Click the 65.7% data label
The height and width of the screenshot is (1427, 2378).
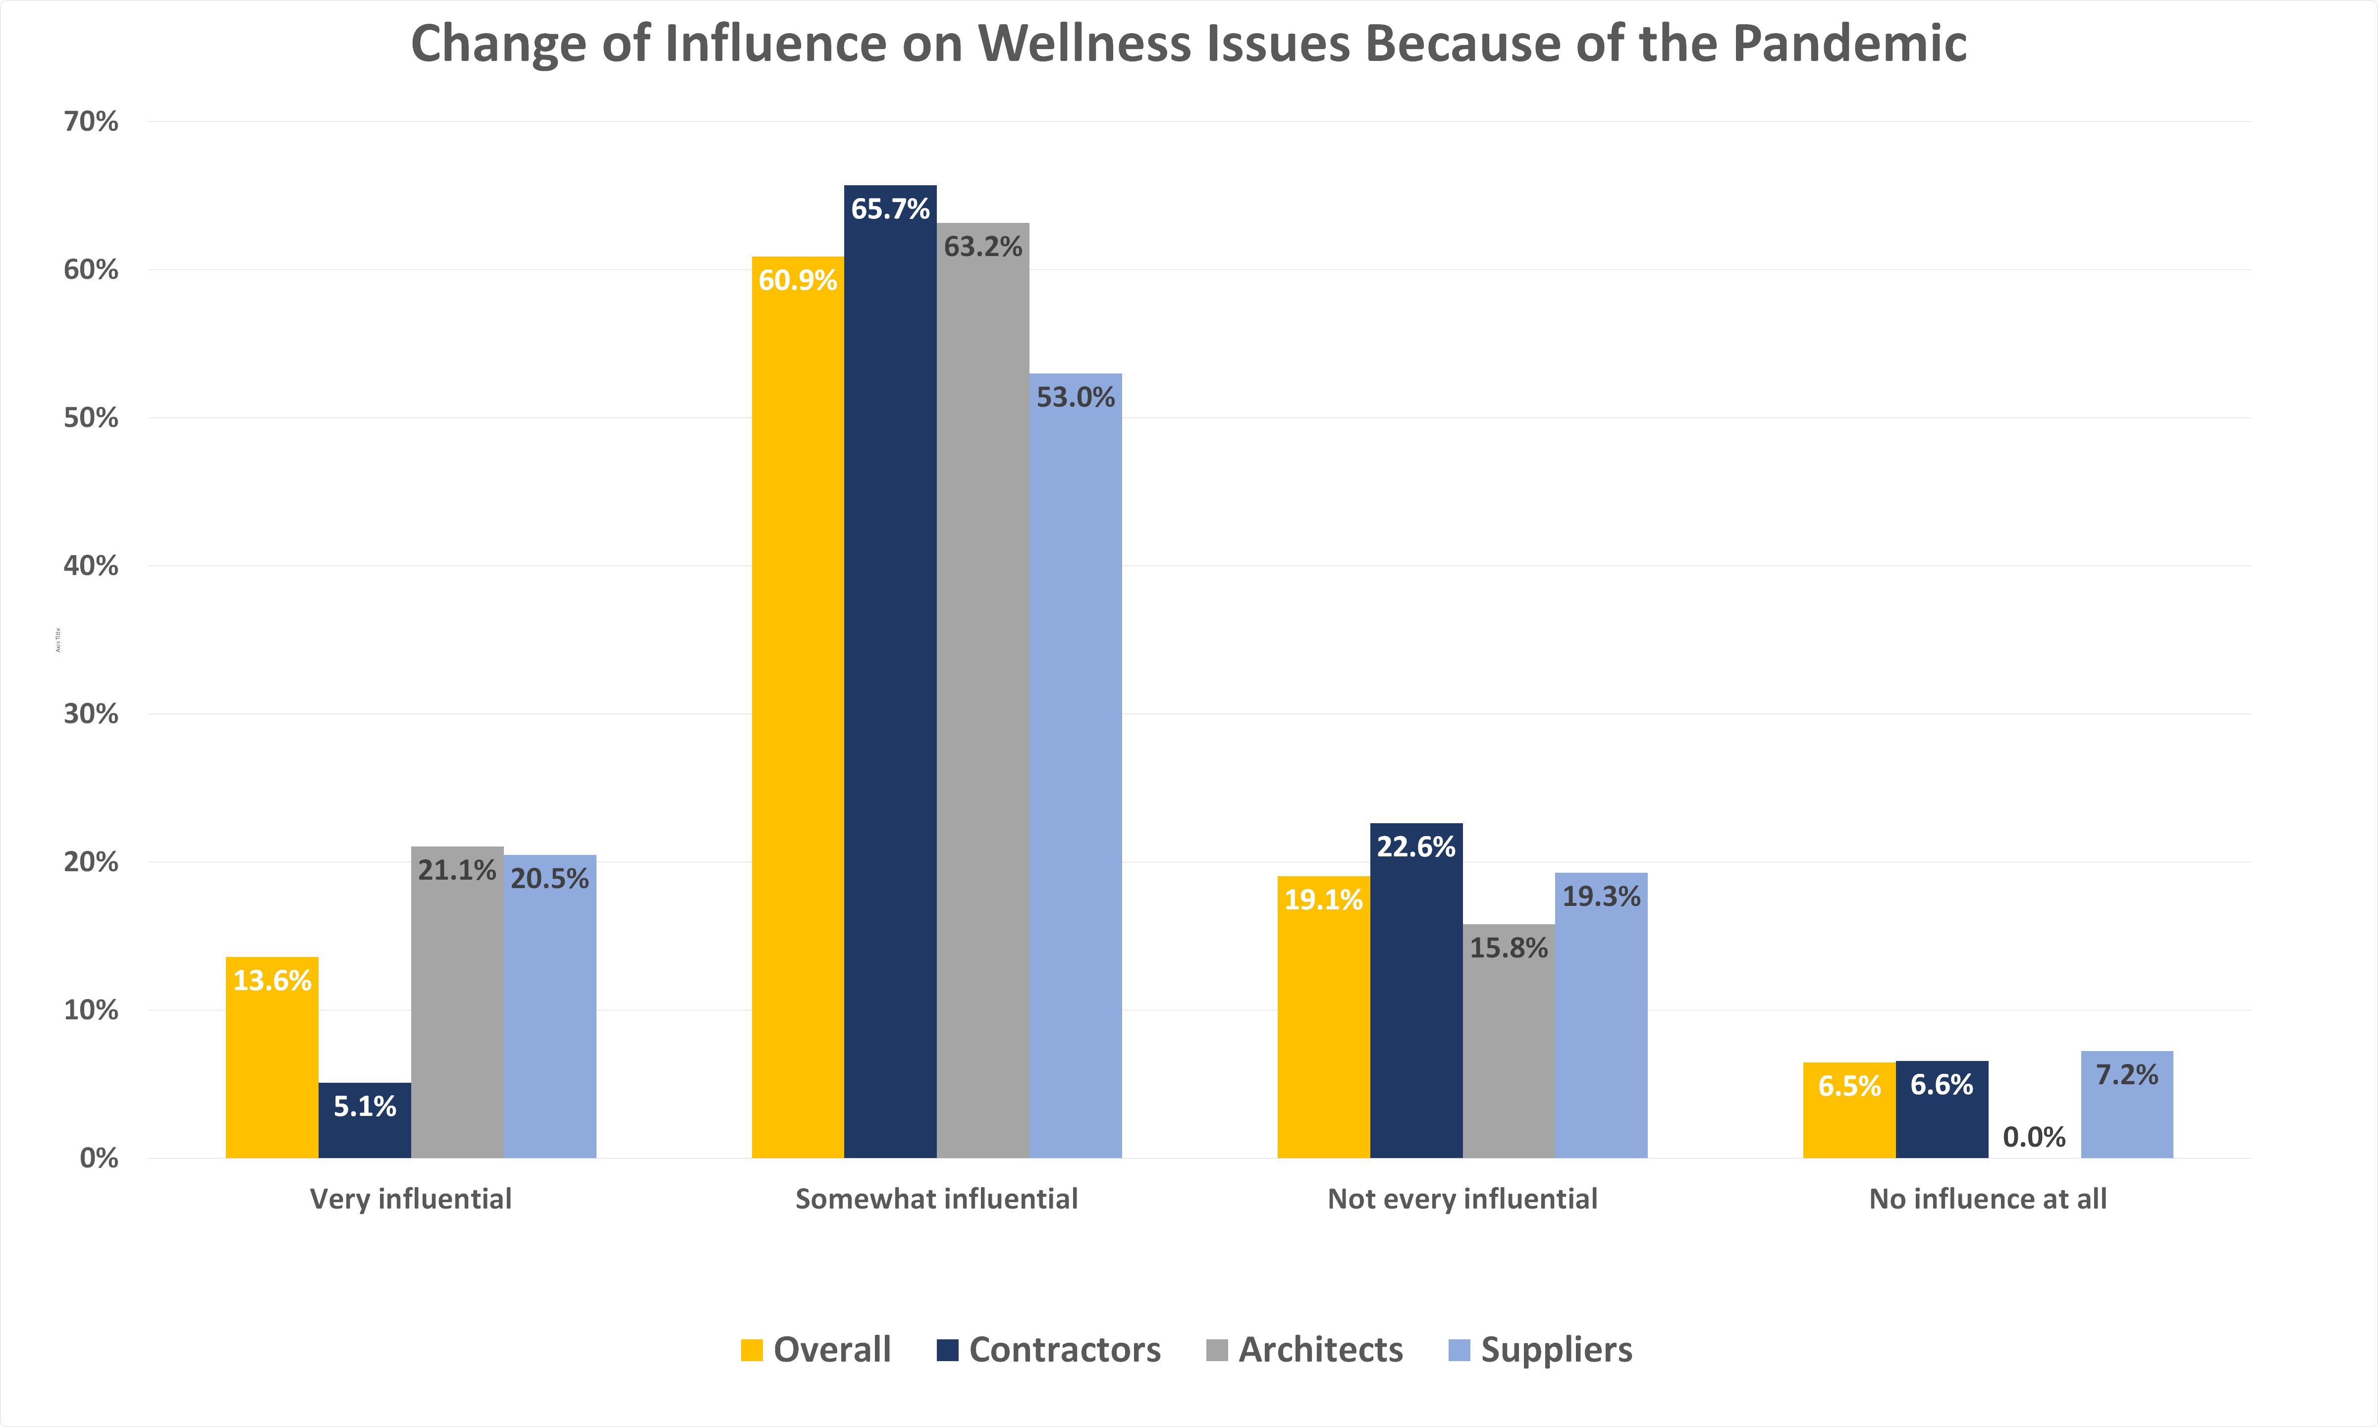click(x=890, y=209)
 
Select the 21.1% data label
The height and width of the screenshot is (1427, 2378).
click(x=457, y=870)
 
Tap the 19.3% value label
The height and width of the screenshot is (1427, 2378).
click(x=1601, y=896)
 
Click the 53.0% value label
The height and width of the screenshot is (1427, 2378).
click(x=1075, y=397)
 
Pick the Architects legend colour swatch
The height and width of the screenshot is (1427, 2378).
click(x=1216, y=1350)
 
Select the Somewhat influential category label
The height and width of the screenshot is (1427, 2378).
click(x=936, y=1199)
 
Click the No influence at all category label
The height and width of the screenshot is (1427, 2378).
click(x=1988, y=1199)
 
